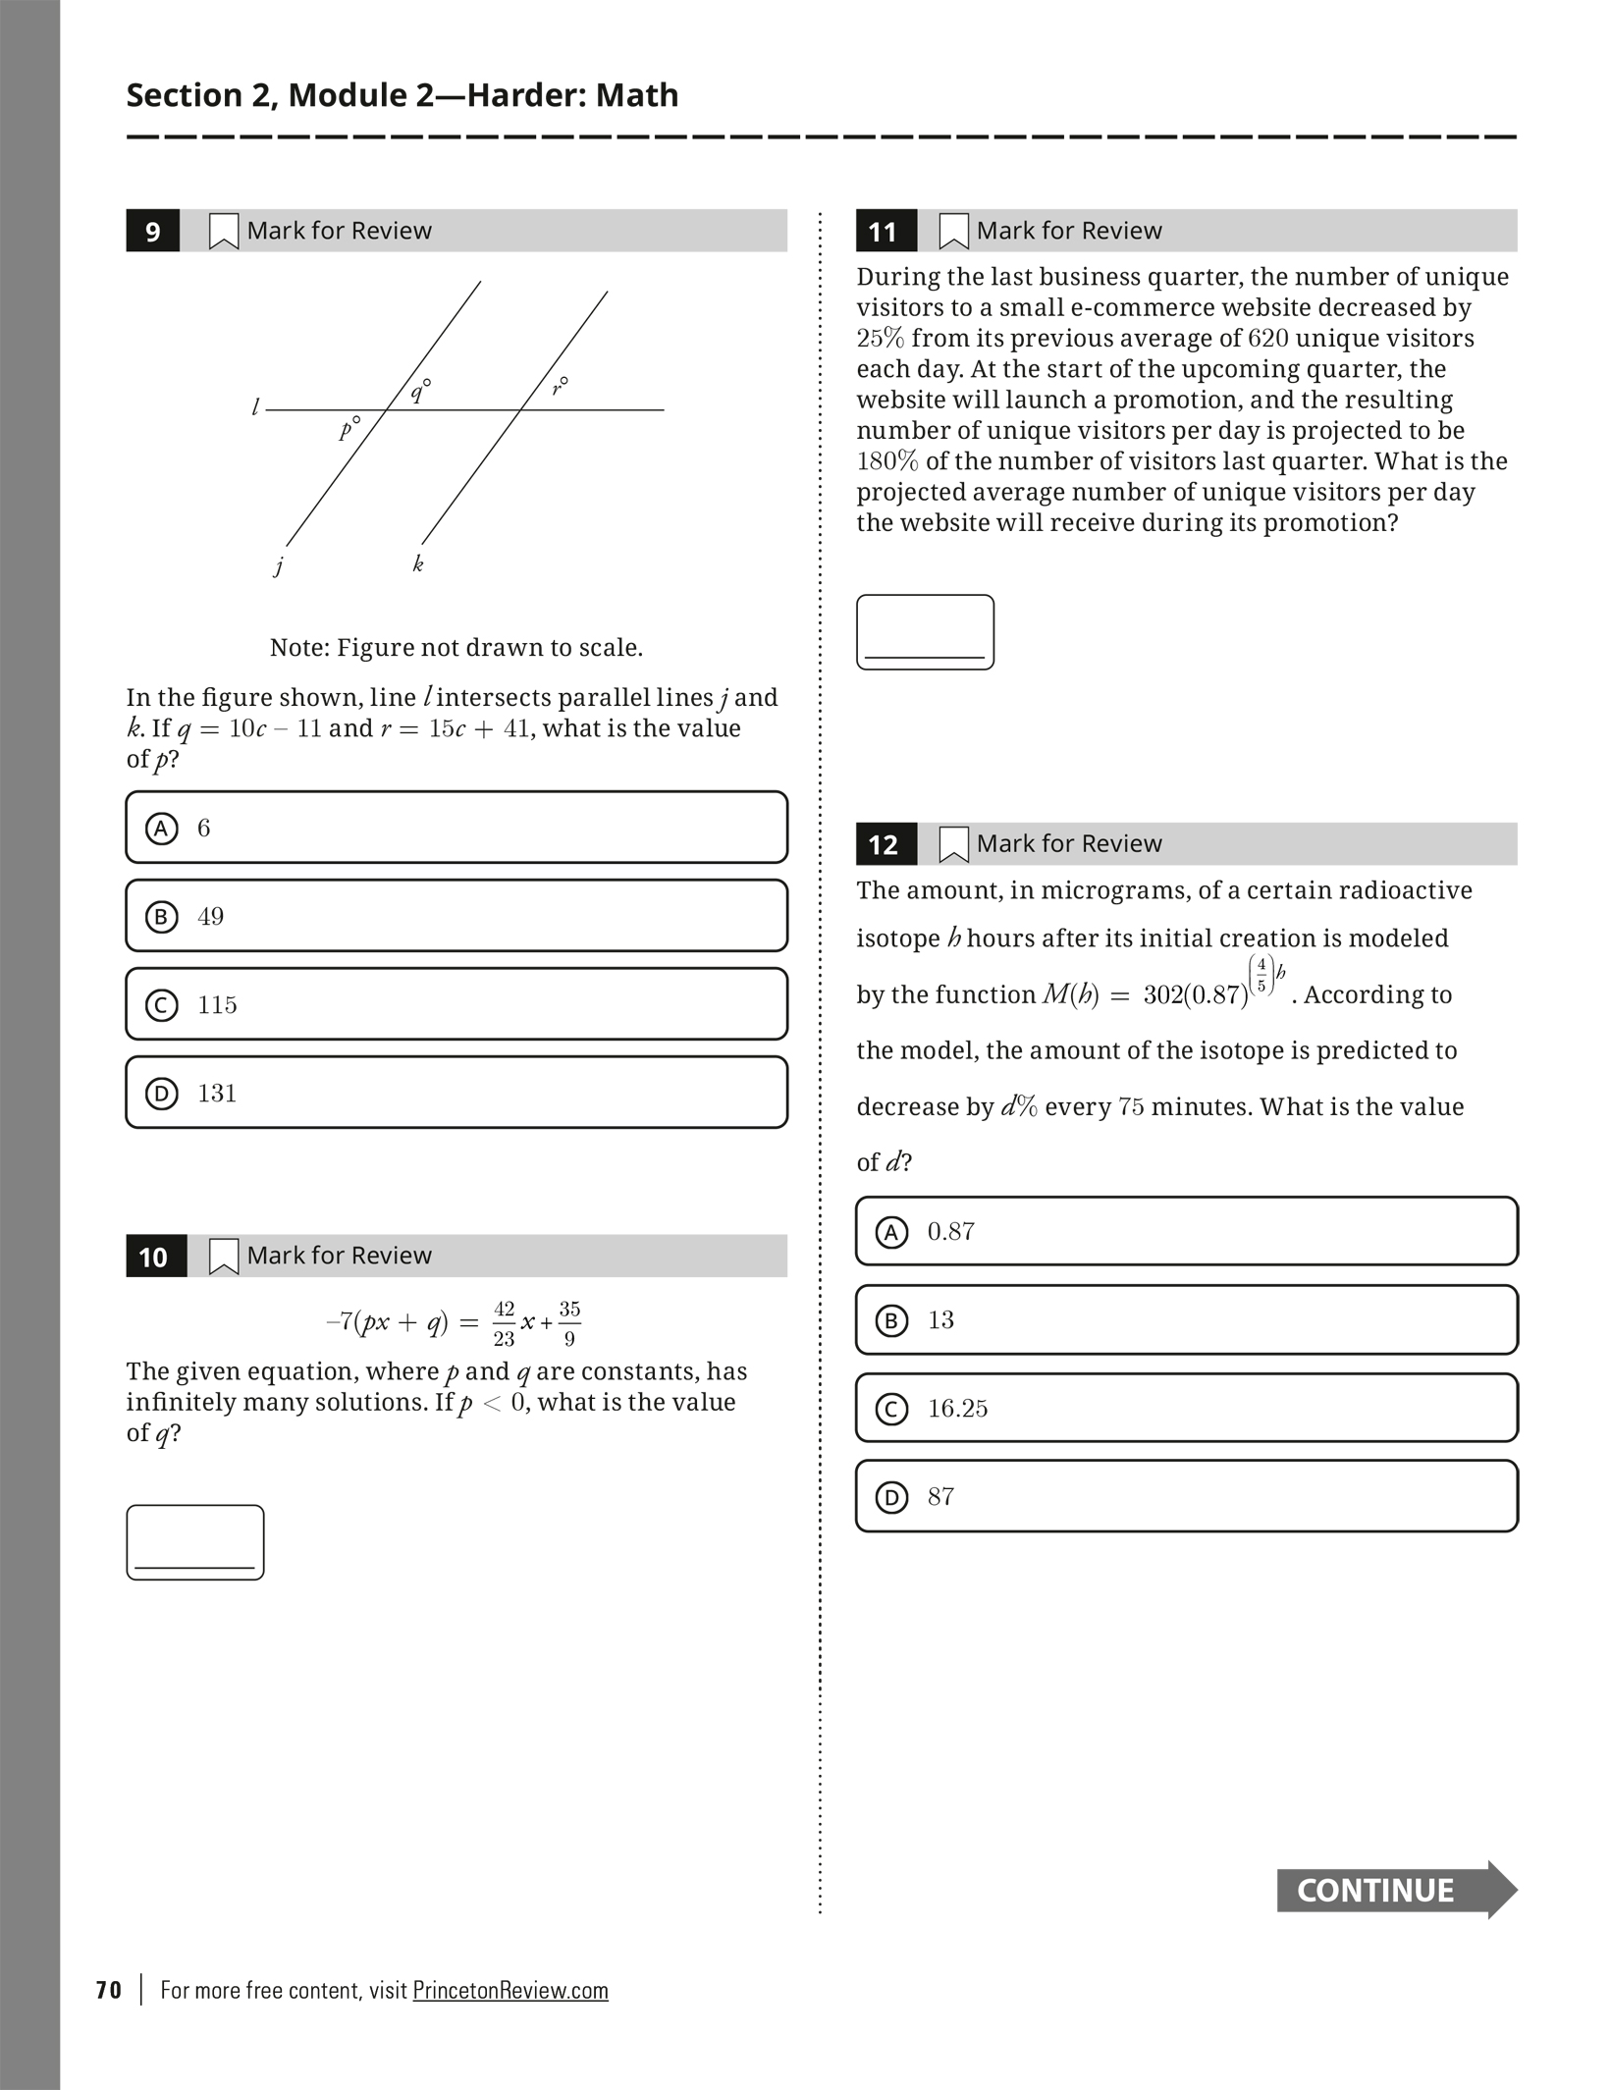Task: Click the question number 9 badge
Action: [152, 232]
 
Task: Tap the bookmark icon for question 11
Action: [953, 232]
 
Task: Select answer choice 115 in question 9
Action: [456, 1004]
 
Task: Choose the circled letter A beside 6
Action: [162, 829]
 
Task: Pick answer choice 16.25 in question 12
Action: [1186, 1409]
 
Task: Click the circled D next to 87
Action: [891, 1497]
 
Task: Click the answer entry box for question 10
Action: [195, 1542]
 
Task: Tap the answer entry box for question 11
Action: [925, 632]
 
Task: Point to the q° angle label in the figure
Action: [420, 391]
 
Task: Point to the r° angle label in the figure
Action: [560, 386]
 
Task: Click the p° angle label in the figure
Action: [349, 428]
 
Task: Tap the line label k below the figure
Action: [418, 563]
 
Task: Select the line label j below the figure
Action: [280, 565]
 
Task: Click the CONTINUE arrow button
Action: [1395, 1890]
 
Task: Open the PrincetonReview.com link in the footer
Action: [510, 1990]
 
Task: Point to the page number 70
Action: [109, 1990]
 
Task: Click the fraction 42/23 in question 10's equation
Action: [504, 1323]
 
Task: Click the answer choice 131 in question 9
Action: [456, 1093]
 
